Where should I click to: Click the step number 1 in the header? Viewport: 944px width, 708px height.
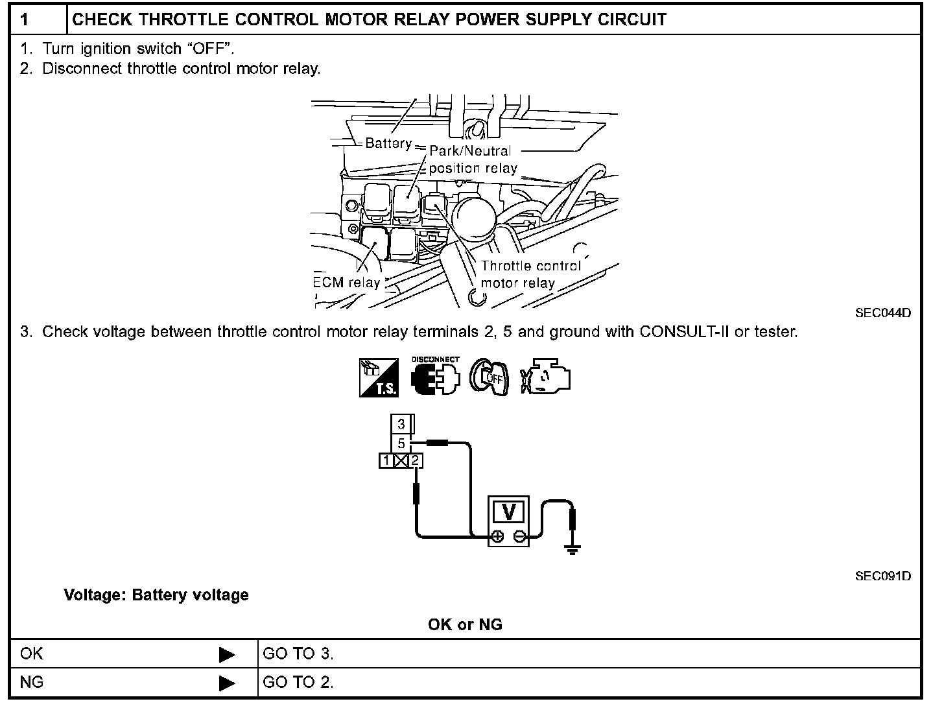(25, 19)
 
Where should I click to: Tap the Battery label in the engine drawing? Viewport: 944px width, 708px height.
(388, 143)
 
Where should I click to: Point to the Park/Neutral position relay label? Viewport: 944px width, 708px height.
(472, 159)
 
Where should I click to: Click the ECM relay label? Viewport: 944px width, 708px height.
(347, 283)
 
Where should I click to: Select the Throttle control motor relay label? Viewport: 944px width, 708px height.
(530, 274)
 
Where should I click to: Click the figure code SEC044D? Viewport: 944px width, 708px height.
(883, 313)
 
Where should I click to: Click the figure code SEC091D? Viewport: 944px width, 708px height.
(883, 576)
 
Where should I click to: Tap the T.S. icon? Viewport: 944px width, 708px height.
(379, 378)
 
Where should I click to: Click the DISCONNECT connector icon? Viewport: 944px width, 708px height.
(436, 377)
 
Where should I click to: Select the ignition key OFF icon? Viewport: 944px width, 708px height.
(490, 377)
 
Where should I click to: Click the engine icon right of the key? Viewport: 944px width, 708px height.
(545, 377)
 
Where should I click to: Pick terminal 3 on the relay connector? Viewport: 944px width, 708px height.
(401, 424)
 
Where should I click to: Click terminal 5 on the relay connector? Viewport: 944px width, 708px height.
(401, 443)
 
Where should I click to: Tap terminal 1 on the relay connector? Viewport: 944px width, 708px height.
(386, 461)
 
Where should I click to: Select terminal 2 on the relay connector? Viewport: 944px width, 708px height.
(416, 461)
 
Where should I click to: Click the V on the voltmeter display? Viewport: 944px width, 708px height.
(509, 512)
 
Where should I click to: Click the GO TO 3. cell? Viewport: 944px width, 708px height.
(298, 654)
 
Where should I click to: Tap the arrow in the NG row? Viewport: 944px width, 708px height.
(227, 683)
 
